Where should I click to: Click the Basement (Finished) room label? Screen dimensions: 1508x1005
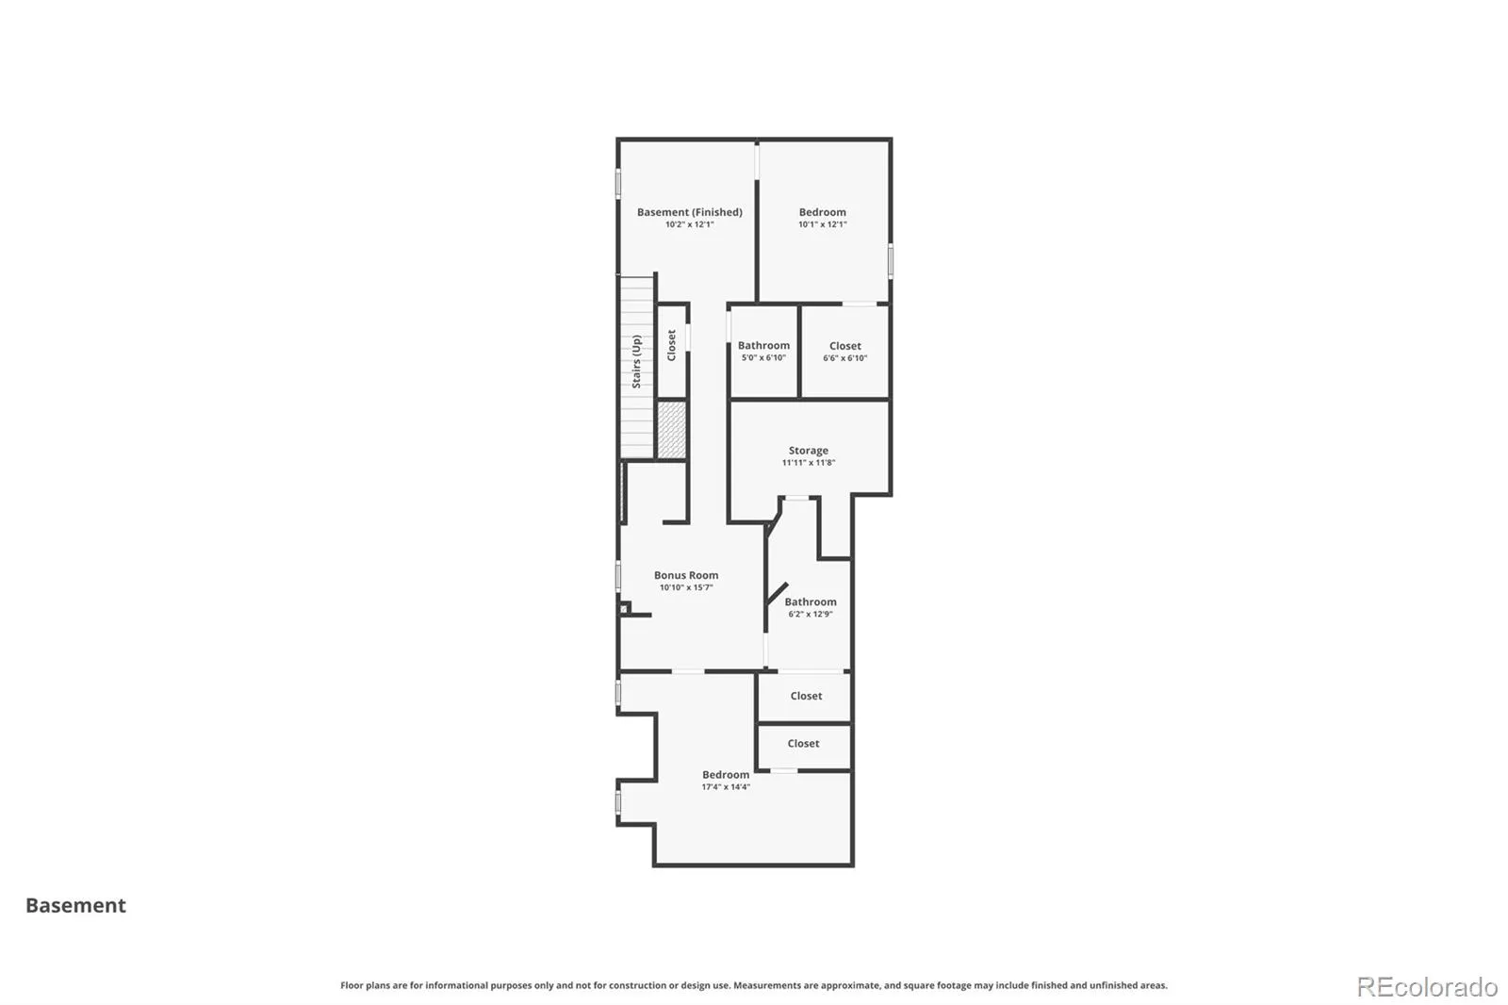[689, 212]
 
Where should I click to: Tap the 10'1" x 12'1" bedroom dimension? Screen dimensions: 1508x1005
[822, 224]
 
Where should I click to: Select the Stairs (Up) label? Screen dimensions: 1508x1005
[636, 362]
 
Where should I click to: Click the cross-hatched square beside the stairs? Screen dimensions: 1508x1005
[671, 430]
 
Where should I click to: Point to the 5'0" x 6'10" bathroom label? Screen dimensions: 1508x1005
[763, 357]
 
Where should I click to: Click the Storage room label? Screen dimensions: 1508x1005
[809, 451]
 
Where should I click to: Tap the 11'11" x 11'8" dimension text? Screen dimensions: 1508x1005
[808, 463]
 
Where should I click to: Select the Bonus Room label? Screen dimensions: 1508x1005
[686, 575]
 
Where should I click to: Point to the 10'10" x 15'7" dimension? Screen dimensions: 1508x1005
[686, 587]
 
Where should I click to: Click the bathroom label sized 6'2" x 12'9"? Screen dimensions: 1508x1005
[811, 602]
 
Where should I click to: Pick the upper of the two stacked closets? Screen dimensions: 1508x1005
[806, 696]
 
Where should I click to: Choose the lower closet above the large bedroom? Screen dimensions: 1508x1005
[803, 744]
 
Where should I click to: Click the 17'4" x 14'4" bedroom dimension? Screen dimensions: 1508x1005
[726, 787]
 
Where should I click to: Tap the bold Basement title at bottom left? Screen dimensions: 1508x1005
[75, 906]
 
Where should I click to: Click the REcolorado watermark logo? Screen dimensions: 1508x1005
[1427, 987]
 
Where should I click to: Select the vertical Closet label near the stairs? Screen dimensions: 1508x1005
[671, 345]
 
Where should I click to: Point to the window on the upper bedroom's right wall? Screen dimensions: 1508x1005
[891, 261]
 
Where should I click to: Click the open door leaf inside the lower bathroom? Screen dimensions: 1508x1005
[777, 593]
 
